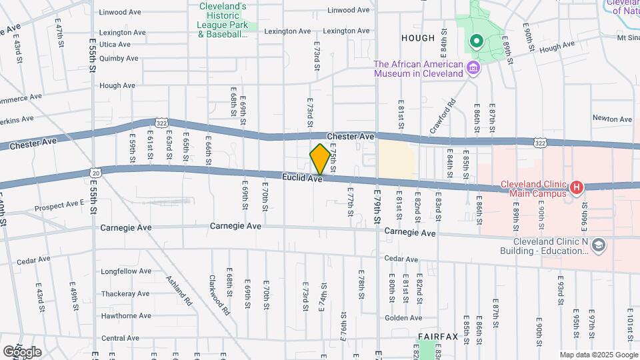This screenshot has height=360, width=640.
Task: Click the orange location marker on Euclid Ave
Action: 320,160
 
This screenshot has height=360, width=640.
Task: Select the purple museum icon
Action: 473,67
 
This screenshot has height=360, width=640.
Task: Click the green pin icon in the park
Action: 476,42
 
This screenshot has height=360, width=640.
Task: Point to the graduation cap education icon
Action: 598,246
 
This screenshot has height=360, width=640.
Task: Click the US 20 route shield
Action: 96,173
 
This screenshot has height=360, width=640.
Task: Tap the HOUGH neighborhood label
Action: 418,38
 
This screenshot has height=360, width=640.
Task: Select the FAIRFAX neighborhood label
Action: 438,337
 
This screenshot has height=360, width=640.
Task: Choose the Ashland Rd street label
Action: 179,287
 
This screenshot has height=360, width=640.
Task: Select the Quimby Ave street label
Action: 118,58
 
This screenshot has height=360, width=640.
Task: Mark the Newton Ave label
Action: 612,119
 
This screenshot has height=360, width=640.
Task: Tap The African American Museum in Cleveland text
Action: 418,69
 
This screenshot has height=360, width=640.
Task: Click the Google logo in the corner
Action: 22,351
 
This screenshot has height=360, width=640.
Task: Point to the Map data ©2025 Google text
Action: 597,355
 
